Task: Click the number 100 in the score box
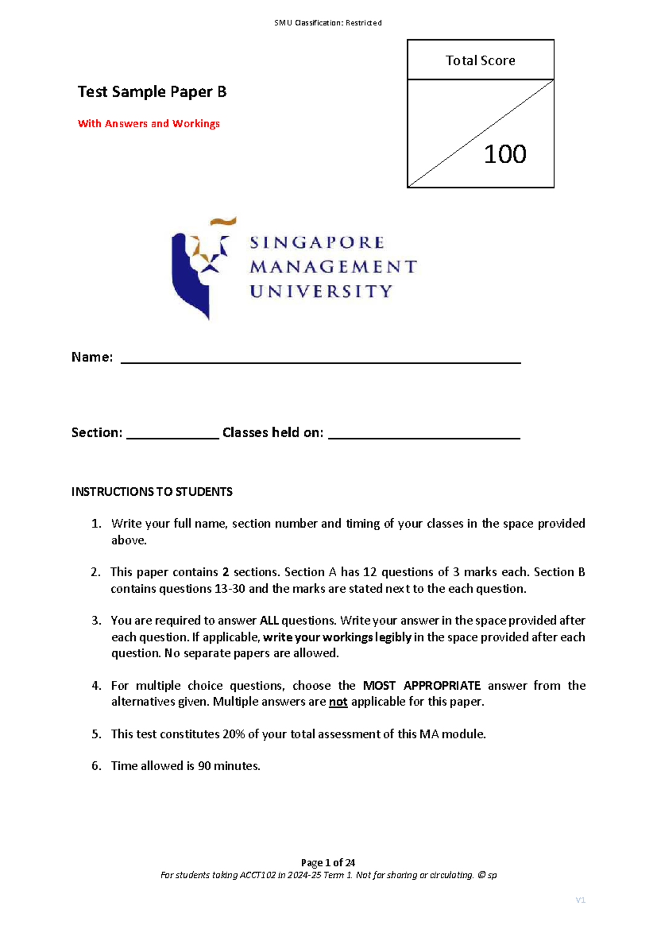pos(505,154)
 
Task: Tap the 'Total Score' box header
pos(480,60)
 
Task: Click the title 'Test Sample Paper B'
pos(152,91)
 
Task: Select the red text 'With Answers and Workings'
pos(148,124)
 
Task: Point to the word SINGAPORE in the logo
pos(318,243)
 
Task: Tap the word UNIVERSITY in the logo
pos(321,291)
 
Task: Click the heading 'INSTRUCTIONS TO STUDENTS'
pos(152,492)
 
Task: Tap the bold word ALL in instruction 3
pos(269,621)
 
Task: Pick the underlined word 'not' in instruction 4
pos(338,702)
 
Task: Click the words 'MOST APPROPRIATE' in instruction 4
pos(422,686)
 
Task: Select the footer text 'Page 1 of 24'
pos(328,863)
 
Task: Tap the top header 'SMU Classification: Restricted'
pos(328,23)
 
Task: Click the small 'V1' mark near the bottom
pos(580,900)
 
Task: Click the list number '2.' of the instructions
pos(96,572)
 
